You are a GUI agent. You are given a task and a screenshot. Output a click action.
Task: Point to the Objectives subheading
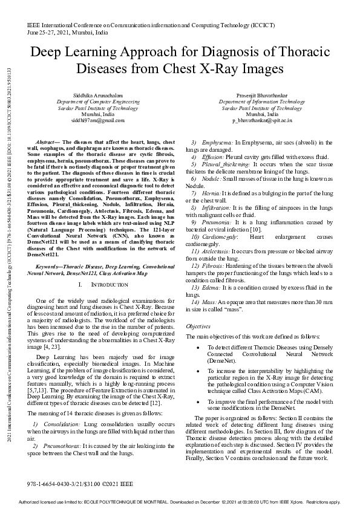[x=198, y=326]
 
